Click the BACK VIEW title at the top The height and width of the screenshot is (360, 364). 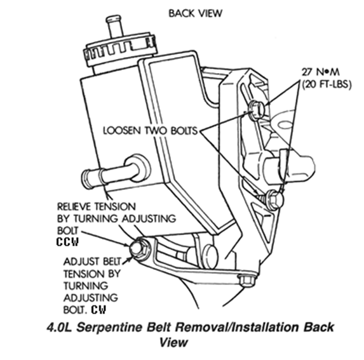click(x=195, y=13)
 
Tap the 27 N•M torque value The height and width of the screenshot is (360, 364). click(x=321, y=72)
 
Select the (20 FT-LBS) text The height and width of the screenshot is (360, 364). click(x=327, y=84)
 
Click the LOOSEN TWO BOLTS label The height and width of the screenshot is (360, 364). click(x=150, y=131)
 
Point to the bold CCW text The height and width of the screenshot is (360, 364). click(x=67, y=242)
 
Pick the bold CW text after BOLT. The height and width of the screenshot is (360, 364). click(x=98, y=309)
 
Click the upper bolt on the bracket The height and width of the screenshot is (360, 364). click(x=257, y=109)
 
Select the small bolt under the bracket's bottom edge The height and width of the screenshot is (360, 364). click(x=246, y=281)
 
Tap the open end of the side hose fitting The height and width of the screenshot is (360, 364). click(x=86, y=178)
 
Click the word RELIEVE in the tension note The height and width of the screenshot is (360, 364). click(x=76, y=206)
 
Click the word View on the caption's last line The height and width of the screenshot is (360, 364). click(x=173, y=342)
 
